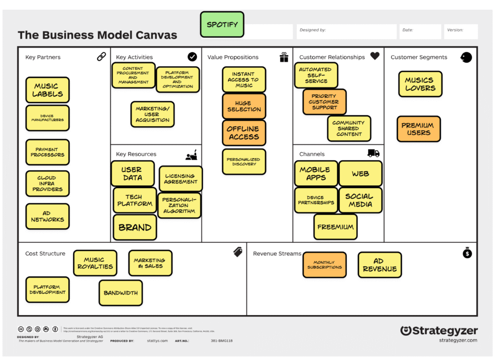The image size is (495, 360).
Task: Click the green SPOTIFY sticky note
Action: (222, 25)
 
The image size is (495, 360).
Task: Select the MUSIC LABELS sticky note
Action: (47, 90)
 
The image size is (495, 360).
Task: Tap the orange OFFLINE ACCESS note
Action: (244, 133)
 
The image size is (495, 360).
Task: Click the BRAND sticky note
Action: (135, 227)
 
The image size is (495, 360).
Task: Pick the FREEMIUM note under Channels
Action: (335, 227)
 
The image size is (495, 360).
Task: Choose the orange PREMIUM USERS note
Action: (419, 129)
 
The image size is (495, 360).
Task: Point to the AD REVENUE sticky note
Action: (379, 265)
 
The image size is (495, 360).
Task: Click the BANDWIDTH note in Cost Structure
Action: (121, 293)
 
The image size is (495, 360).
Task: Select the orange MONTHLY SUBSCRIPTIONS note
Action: (324, 265)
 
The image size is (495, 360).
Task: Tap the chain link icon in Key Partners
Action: (101, 57)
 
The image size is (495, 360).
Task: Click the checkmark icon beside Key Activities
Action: (192, 57)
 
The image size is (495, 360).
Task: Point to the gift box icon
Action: (284, 57)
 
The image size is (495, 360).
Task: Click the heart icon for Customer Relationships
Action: (375, 56)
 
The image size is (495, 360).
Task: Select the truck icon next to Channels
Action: (373, 153)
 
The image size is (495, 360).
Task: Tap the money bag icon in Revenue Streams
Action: (467, 253)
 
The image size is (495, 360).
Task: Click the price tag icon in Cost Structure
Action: (237, 252)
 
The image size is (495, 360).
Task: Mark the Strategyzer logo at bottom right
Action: (439, 331)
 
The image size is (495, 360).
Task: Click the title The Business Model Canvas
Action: (97, 35)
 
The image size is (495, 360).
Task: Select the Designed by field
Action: (346, 32)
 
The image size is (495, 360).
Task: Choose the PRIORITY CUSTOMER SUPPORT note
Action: (324, 102)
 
